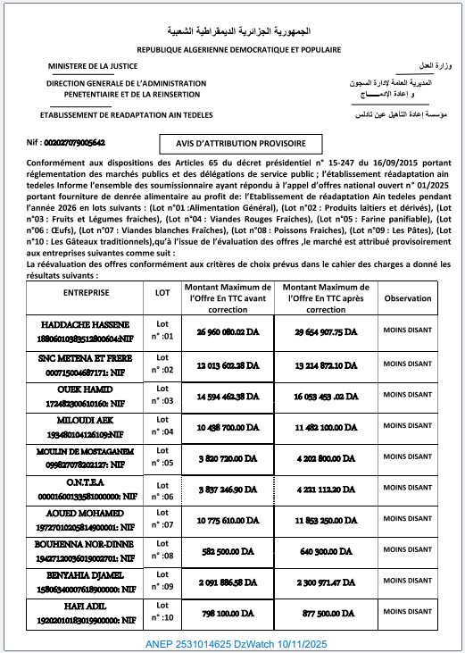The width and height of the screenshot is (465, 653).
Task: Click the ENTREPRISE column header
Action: point(87,292)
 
